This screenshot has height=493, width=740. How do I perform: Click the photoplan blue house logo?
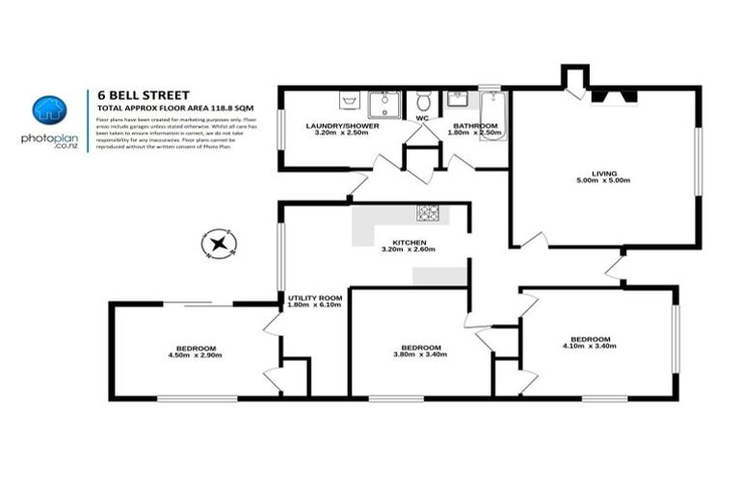(47, 112)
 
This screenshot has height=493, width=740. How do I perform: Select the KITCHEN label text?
(409, 242)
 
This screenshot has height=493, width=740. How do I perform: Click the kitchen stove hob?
(427, 212)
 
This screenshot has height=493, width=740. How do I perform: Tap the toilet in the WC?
(422, 102)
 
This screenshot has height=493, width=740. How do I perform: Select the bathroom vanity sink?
(456, 100)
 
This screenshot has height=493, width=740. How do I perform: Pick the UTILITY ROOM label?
(315, 298)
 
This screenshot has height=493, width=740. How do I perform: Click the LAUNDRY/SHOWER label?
(342, 126)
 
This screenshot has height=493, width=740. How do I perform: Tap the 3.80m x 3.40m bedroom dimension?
(421, 355)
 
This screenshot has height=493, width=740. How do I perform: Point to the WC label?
(421, 118)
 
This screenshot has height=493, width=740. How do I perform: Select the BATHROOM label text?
(475, 126)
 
